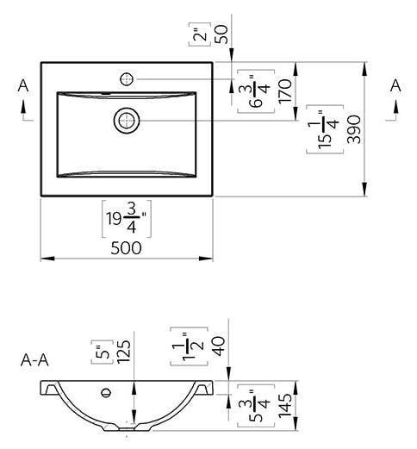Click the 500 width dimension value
126,248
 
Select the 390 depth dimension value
354,129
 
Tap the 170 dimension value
285,90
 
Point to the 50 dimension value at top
221,34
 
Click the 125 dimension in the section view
124,352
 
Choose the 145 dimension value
285,406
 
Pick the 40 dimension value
219,346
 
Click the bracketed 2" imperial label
200,34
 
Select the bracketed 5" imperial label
103,352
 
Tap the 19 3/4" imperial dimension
127,219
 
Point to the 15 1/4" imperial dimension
325,129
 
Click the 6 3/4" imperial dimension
256,91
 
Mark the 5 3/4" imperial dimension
256,406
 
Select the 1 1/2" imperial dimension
189,346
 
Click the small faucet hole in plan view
127,79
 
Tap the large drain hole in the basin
127,121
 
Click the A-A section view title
34,360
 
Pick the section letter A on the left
23,85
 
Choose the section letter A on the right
395,85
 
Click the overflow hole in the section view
107,392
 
